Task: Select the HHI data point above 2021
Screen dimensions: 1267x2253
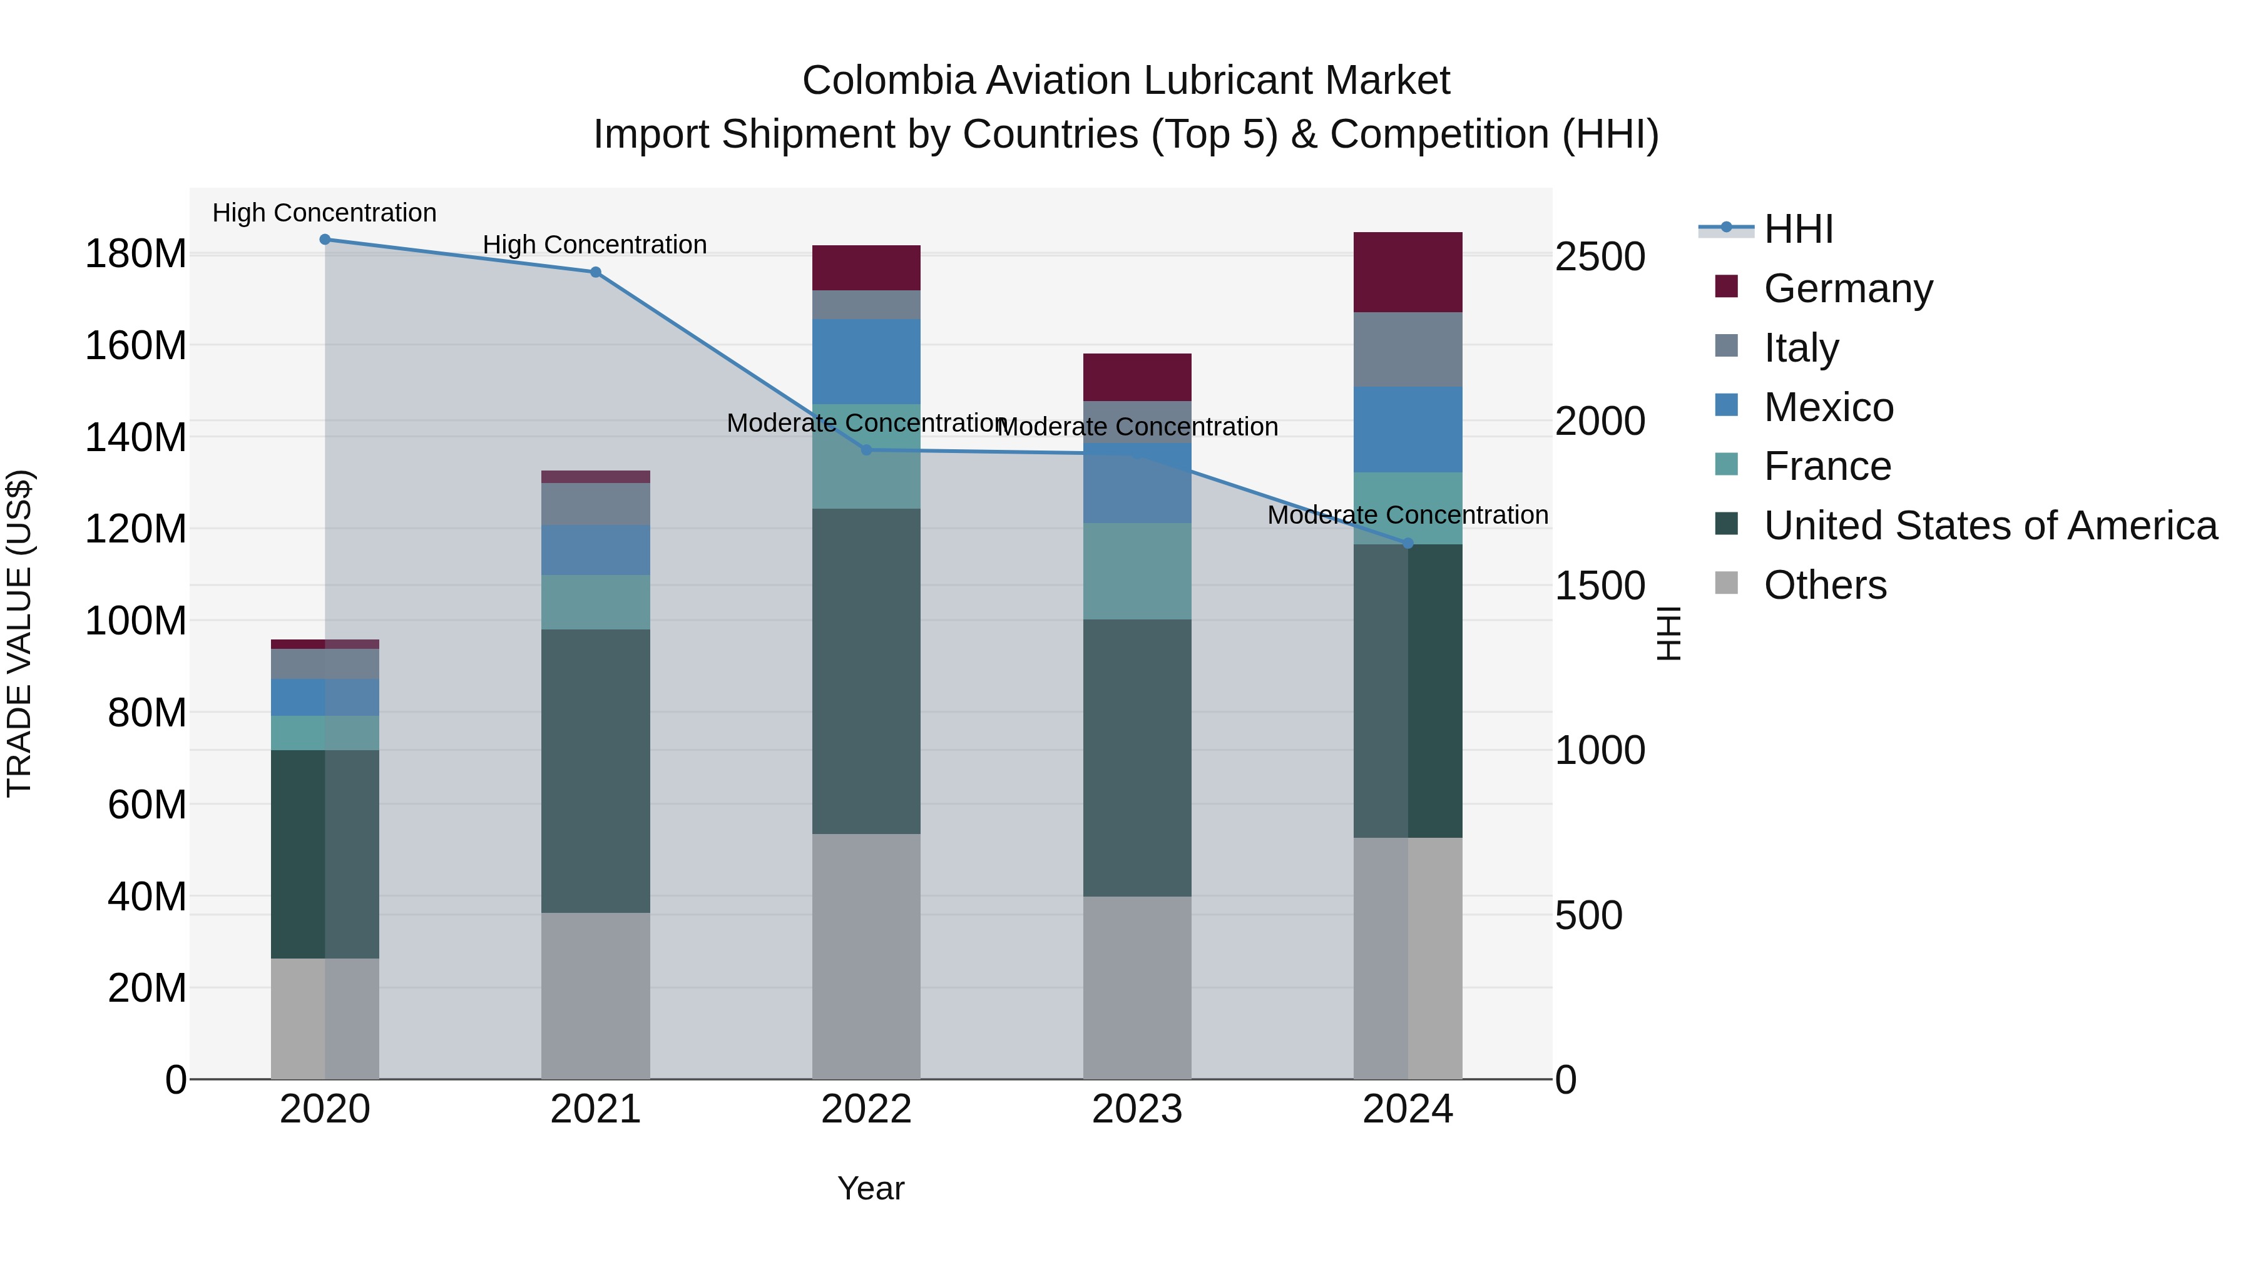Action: (596, 272)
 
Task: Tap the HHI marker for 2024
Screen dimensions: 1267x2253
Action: (1408, 544)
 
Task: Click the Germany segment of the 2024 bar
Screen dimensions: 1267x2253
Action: (1408, 272)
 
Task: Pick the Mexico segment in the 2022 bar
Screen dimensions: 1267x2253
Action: (866, 361)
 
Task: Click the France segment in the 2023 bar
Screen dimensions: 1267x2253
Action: (1137, 571)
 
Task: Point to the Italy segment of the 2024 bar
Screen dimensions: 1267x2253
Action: (1408, 349)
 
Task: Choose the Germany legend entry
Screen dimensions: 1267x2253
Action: (1847, 288)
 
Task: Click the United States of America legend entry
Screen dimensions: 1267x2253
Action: (1990, 526)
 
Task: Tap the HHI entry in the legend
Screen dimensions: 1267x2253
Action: (1798, 229)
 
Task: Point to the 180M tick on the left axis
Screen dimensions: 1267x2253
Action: (136, 255)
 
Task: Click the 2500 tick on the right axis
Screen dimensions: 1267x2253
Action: (1600, 257)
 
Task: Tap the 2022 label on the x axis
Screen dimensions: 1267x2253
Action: (866, 1109)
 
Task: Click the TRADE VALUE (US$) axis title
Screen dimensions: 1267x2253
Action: (19, 633)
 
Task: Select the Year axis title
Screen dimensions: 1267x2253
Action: (871, 1188)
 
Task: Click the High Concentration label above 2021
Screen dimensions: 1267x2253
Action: (595, 245)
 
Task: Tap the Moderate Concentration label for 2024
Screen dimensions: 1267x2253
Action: (1407, 515)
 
